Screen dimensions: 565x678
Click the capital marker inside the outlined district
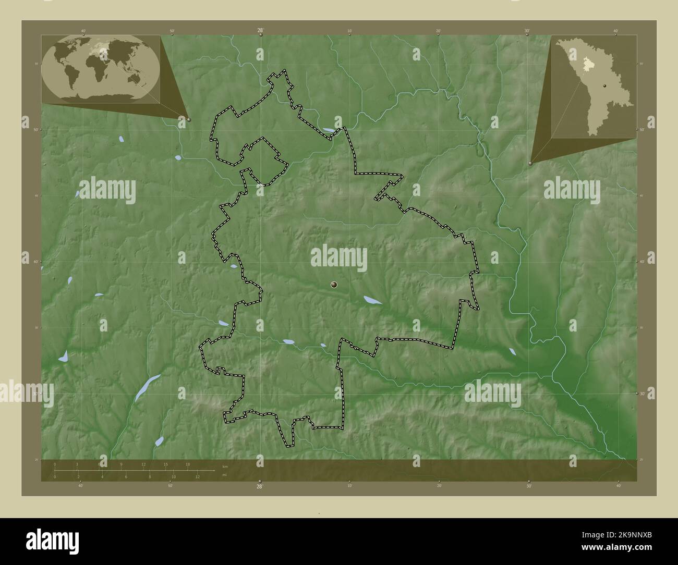point(334,285)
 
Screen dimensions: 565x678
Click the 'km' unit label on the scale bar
point(225,465)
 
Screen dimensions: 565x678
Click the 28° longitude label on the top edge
point(260,31)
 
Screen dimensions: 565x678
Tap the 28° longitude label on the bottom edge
point(260,486)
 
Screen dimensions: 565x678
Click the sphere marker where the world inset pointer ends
point(188,119)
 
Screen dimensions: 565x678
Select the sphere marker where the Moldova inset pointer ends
point(530,163)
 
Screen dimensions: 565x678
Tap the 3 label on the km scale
point(77,464)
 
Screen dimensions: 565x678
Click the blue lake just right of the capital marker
point(372,300)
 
